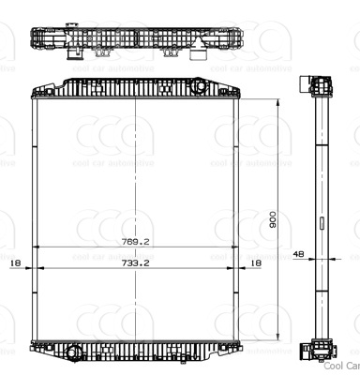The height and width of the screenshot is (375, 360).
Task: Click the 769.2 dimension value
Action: [136, 241]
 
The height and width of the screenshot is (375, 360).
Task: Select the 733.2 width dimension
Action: [136, 263]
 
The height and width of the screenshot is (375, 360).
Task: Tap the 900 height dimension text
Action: [273, 220]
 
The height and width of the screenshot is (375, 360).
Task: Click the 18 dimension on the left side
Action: [14, 263]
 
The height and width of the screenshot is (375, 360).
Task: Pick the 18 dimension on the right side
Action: [255, 263]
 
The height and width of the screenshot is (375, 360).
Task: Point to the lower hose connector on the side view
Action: [307, 352]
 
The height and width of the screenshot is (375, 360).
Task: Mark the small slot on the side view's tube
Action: [322, 223]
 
